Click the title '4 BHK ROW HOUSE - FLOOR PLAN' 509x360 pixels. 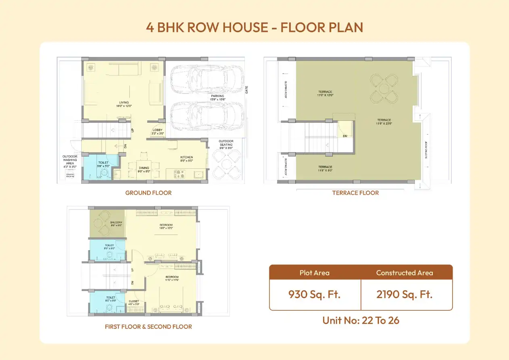click(x=255, y=27)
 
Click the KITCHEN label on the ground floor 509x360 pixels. click(x=186, y=157)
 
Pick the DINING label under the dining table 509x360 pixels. click(x=144, y=168)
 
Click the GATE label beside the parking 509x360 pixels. click(x=247, y=90)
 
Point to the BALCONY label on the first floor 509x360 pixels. click(x=116, y=222)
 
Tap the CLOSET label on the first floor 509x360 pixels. click(x=134, y=301)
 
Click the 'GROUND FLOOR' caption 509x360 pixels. click(x=148, y=193)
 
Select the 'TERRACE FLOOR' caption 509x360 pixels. click(x=355, y=193)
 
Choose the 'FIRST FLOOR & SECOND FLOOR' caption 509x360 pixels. click(x=148, y=327)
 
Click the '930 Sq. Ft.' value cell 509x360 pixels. click(x=314, y=294)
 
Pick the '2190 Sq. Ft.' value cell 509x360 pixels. click(x=404, y=294)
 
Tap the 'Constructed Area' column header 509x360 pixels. click(x=404, y=273)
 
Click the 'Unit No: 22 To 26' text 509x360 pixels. click(x=361, y=320)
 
